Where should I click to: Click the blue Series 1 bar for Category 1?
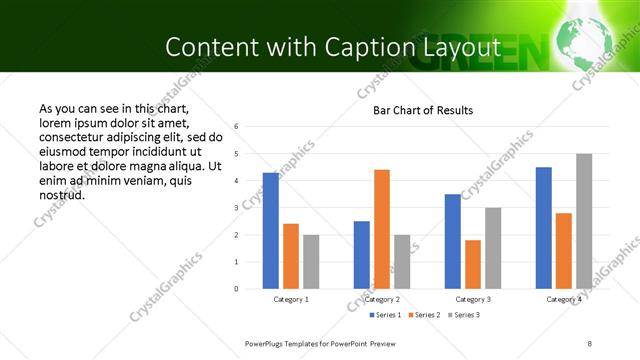[270, 231]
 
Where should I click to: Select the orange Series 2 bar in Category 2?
[382, 229]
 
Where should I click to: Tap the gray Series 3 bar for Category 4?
[584, 221]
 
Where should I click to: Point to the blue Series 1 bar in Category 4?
[543, 228]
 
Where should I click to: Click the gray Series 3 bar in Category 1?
[311, 262]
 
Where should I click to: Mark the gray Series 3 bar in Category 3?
[493, 248]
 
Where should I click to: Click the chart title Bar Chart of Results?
[423, 110]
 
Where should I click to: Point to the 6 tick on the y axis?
[236, 127]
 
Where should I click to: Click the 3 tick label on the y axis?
[236, 208]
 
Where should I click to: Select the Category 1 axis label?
[291, 299]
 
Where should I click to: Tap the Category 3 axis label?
[473, 299]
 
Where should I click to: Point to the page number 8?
[590, 343]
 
